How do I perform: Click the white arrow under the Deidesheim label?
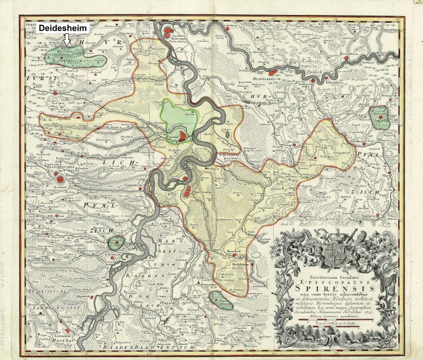pyautogui.click(x=67, y=40)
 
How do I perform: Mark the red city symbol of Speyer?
pyautogui.click(x=184, y=132)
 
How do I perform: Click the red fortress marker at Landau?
pyautogui.click(x=59, y=179)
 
